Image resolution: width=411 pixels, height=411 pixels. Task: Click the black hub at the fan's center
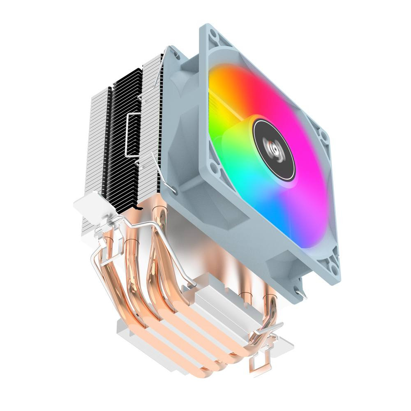(x=274, y=149)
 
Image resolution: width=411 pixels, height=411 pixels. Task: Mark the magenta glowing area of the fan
(x=296, y=107)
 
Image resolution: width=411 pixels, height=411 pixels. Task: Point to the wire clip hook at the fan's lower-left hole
(x=175, y=189)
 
